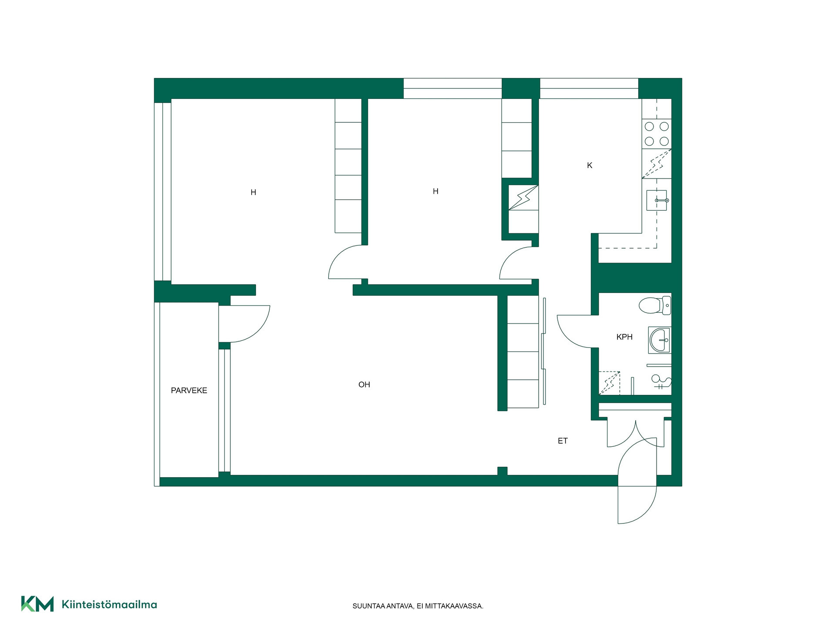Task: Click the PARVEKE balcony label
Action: pyautogui.click(x=189, y=391)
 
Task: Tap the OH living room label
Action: pyautogui.click(x=364, y=384)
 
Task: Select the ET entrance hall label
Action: pyautogui.click(x=563, y=441)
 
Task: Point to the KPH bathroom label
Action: pyautogui.click(x=624, y=337)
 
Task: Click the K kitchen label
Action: pyautogui.click(x=590, y=165)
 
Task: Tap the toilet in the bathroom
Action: pyautogui.click(x=655, y=305)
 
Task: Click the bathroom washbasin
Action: pyautogui.click(x=660, y=340)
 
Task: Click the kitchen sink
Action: pyautogui.click(x=657, y=200)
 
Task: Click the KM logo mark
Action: pyautogui.click(x=37, y=604)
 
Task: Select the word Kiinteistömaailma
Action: pyautogui.click(x=109, y=604)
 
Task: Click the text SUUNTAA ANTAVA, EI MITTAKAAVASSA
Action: pyautogui.click(x=418, y=606)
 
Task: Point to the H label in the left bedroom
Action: pyautogui.click(x=253, y=192)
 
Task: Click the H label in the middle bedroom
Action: pyautogui.click(x=435, y=191)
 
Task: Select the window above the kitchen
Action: pyautogui.click(x=589, y=88)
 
